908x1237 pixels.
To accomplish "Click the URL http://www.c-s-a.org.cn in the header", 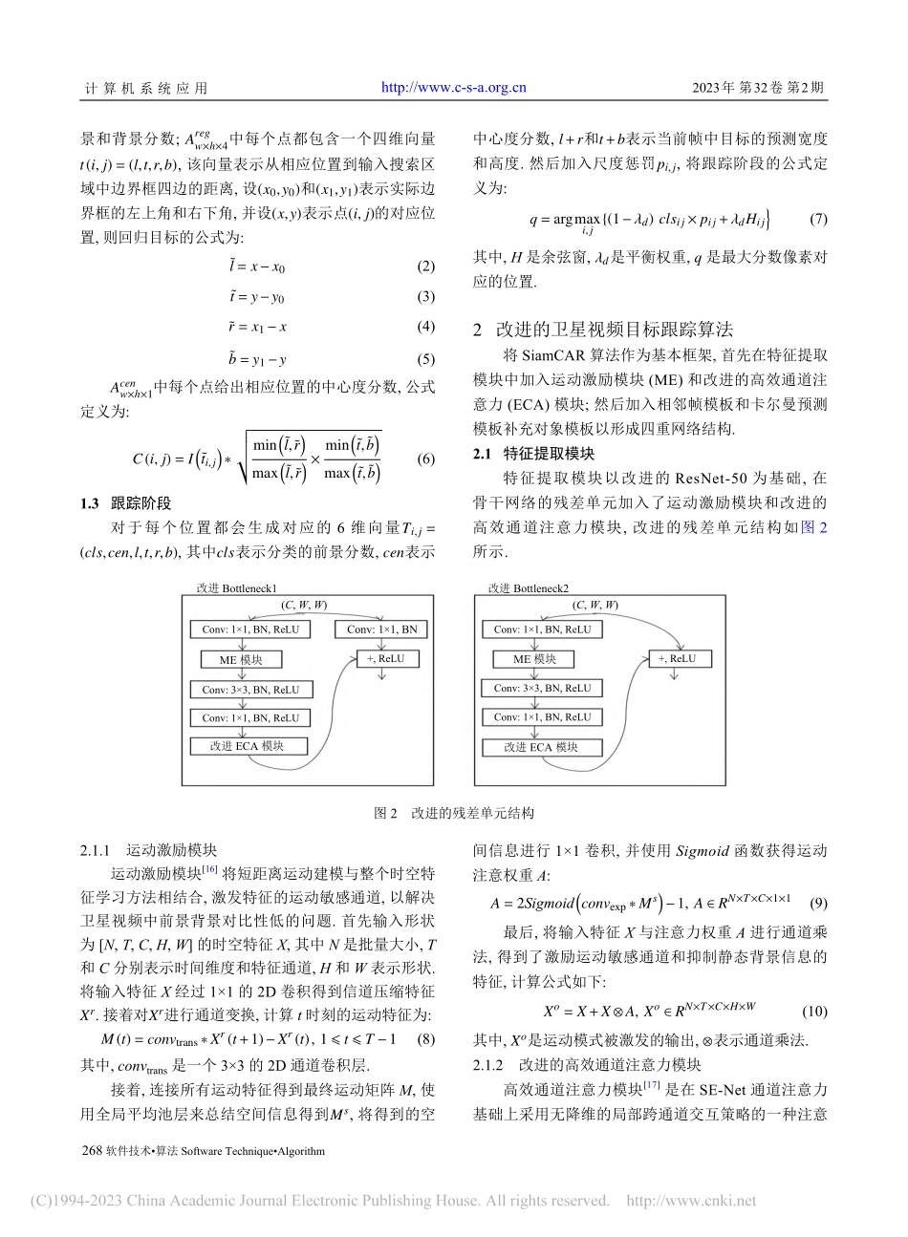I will coord(454,88).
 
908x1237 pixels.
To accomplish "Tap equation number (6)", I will coord(426,459).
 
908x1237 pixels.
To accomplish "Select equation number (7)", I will coord(818,220).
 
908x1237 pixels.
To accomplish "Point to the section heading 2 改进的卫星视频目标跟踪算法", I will coord(603,331).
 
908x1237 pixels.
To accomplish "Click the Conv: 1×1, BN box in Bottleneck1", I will coord(381,630).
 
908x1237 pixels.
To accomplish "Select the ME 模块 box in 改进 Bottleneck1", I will coord(240,660).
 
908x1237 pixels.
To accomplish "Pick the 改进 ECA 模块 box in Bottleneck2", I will coord(541,747).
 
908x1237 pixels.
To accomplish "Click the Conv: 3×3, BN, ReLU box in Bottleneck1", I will coord(250,690).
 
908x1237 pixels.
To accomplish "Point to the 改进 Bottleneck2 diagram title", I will coord(528,589).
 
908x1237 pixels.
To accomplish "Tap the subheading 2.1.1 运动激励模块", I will coord(148,849).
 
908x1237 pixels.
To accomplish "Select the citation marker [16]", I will coord(210,869).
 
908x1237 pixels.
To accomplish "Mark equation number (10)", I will coord(814,1011).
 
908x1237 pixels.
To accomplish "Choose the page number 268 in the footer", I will coord(93,1151).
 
